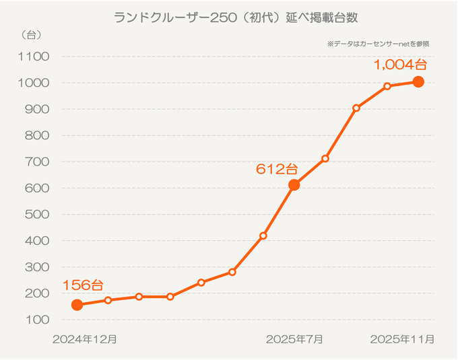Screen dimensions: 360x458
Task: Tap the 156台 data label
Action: click(x=82, y=285)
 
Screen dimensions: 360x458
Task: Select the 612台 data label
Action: click(x=276, y=169)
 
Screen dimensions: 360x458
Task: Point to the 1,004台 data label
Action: click(x=401, y=65)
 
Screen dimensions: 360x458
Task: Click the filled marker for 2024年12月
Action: click(x=77, y=305)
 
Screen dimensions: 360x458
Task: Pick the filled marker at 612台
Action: click(x=294, y=185)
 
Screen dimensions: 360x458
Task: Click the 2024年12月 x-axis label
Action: click(x=85, y=339)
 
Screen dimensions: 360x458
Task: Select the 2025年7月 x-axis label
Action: click(x=294, y=339)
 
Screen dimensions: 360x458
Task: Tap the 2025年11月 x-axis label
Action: click(x=402, y=339)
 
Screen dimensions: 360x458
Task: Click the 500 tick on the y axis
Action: click(x=38, y=215)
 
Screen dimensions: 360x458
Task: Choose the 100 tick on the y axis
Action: click(x=38, y=320)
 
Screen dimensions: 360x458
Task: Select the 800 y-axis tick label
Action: click(x=38, y=135)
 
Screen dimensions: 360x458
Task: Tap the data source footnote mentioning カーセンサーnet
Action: click(x=378, y=43)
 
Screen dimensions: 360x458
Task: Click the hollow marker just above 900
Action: click(x=356, y=108)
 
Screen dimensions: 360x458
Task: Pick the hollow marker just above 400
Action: click(x=263, y=236)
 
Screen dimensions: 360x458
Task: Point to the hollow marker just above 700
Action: click(x=325, y=159)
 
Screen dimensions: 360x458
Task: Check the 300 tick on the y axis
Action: click(x=38, y=267)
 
